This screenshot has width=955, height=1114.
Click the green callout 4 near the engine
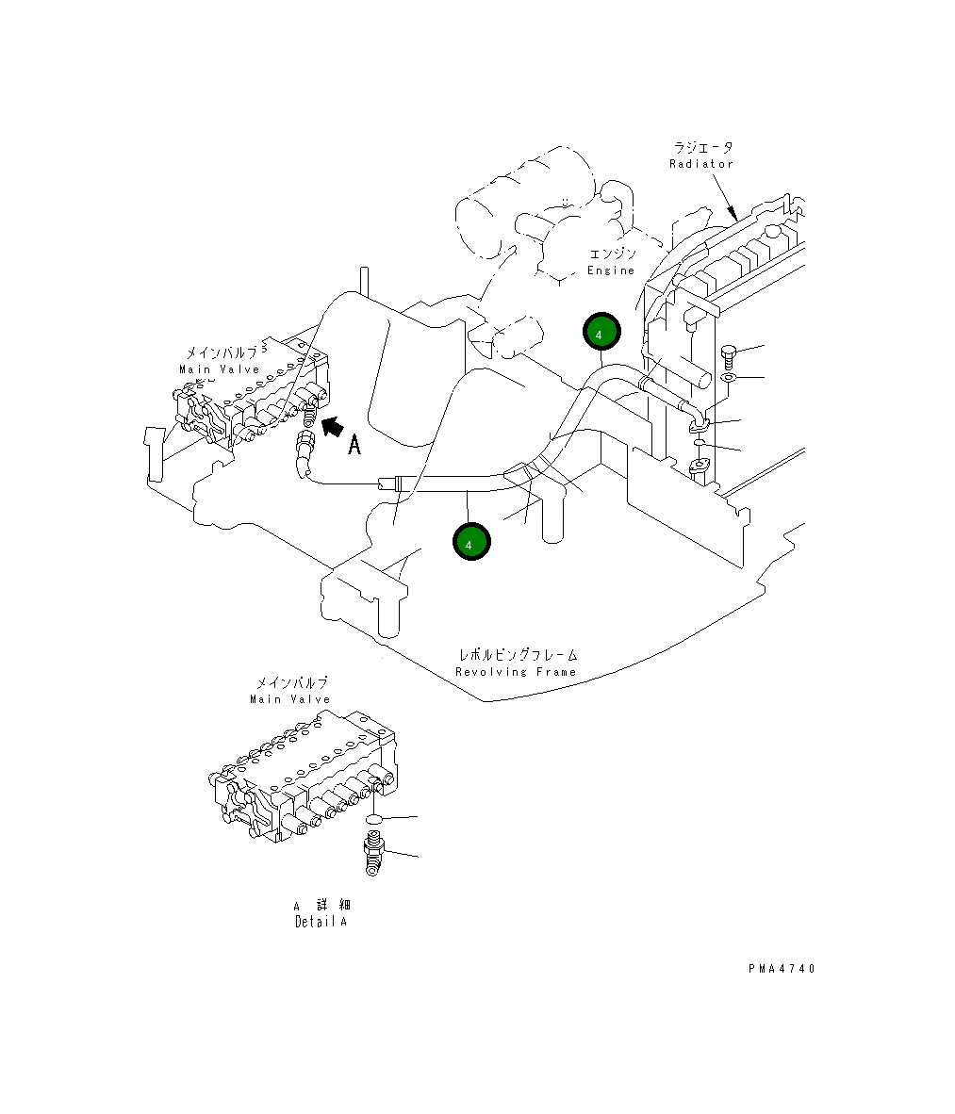pos(601,332)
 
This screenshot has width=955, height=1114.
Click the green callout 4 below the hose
pos(471,542)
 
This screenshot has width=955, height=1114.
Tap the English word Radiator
pos(700,164)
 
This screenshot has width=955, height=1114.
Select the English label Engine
pos(610,270)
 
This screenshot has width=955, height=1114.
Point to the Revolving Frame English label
pos(515,672)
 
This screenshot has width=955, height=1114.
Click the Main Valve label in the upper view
pos(219,369)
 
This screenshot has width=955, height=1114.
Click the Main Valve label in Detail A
pos(290,700)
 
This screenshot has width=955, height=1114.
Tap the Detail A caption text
pos(321,922)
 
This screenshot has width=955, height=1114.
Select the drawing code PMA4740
pos(782,968)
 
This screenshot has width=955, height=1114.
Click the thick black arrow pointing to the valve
pos(333,427)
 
